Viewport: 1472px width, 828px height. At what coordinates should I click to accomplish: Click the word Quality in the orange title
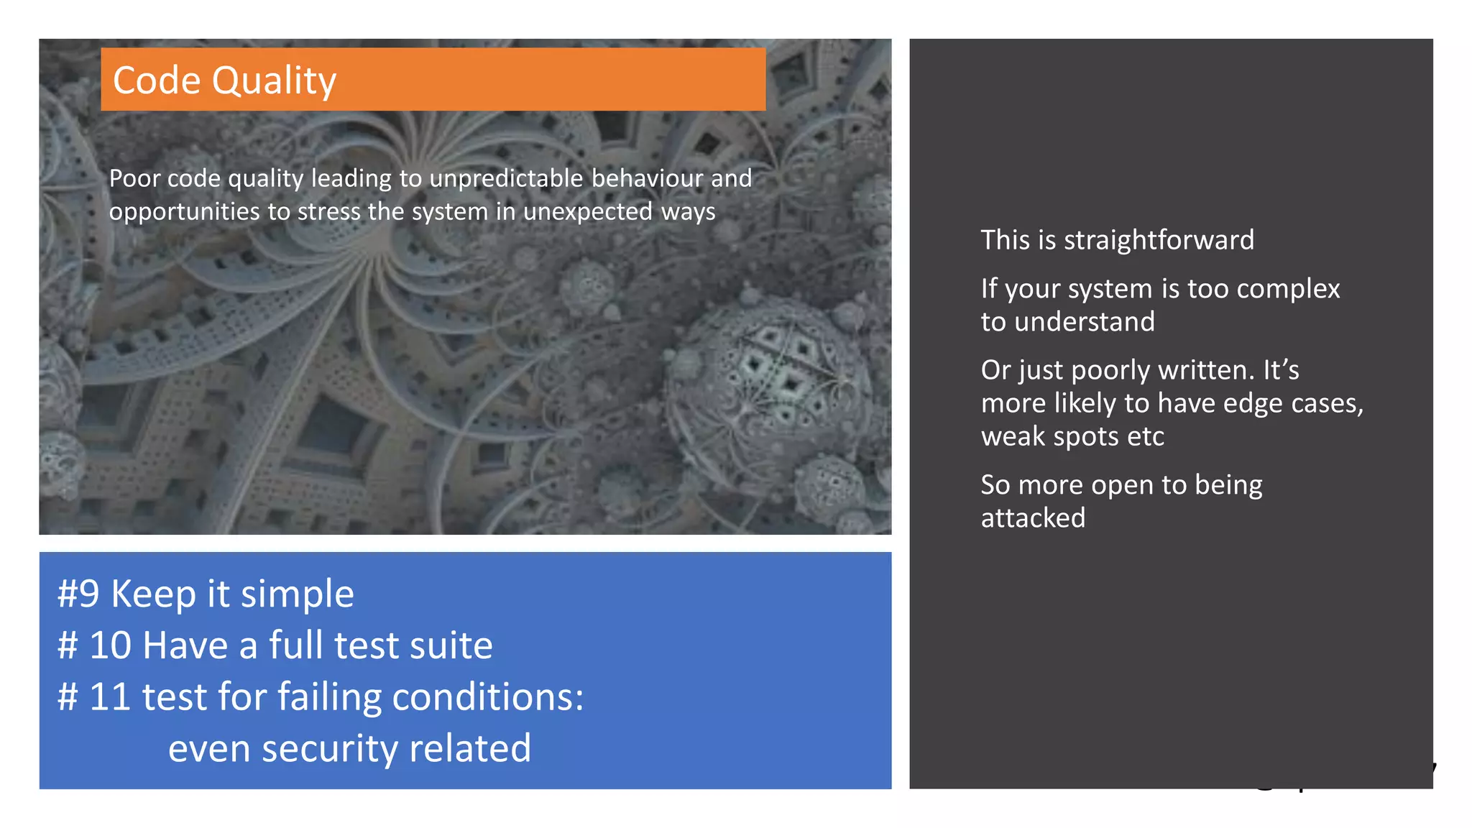pyautogui.click(x=274, y=81)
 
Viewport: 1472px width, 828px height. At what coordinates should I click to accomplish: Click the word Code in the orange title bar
pyautogui.click(x=157, y=80)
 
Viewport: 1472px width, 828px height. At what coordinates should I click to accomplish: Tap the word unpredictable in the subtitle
pyautogui.click(x=506, y=178)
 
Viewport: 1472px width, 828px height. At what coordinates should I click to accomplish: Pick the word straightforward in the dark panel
pyautogui.click(x=1159, y=240)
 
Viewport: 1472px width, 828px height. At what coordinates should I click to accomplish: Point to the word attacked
pyautogui.click(x=1033, y=518)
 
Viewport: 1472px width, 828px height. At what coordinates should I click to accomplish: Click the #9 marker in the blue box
pyautogui.click(x=78, y=594)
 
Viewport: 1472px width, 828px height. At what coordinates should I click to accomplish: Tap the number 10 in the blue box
pyautogui.click(x=110, y=645)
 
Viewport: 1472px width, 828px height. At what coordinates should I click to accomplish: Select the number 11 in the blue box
pyautogui.click(x=110, y=697)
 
